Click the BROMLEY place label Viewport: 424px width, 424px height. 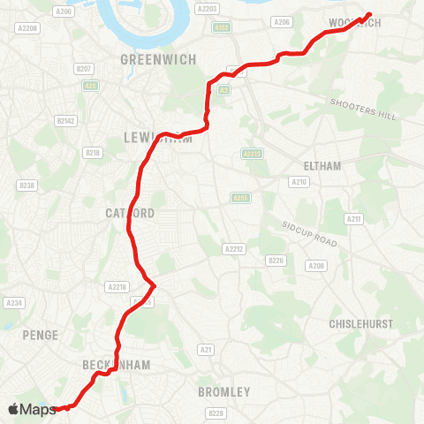pos(223,391)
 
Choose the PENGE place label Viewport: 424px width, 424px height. pos(42,335)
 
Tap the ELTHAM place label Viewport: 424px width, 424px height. pos(322,165)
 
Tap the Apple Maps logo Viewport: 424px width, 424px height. pos(32,409)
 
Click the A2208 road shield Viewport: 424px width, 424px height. pos(29,28)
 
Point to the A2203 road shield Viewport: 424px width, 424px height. pos(208,9)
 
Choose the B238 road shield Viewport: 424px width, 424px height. pos(27,185)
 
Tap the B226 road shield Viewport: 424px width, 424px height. pos(276,260)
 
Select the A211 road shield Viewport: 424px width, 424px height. pos(354,218)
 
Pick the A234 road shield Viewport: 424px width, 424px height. pos(13,302)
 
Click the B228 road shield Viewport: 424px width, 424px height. pos(216,413)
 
